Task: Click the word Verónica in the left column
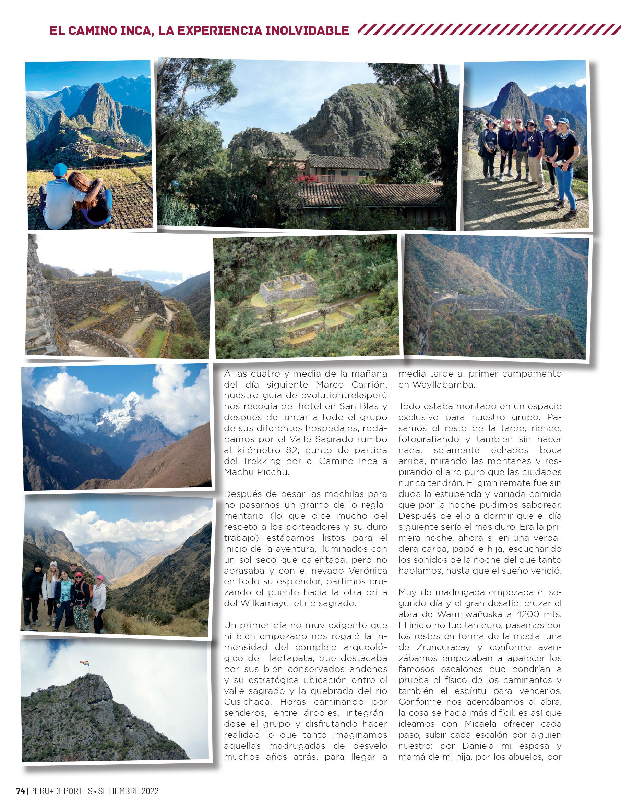365,571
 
